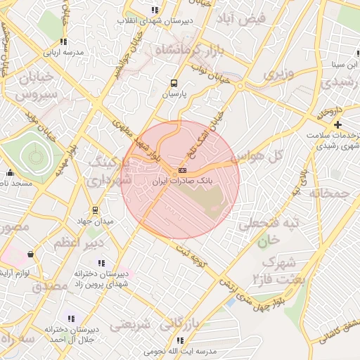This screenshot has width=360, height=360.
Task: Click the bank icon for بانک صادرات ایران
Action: point(183,170)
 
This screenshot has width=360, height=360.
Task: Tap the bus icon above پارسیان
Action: point(174,82)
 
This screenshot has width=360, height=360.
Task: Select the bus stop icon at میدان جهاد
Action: point(95,210)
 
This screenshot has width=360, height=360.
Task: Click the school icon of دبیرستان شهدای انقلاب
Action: point(155,10)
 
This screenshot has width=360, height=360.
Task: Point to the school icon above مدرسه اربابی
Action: point(63,41)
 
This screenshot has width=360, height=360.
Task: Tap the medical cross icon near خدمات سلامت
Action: point(337,124)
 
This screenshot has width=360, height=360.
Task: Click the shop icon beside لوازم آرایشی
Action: point(30,254)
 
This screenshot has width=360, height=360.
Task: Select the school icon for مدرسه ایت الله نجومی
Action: point(180,340)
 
